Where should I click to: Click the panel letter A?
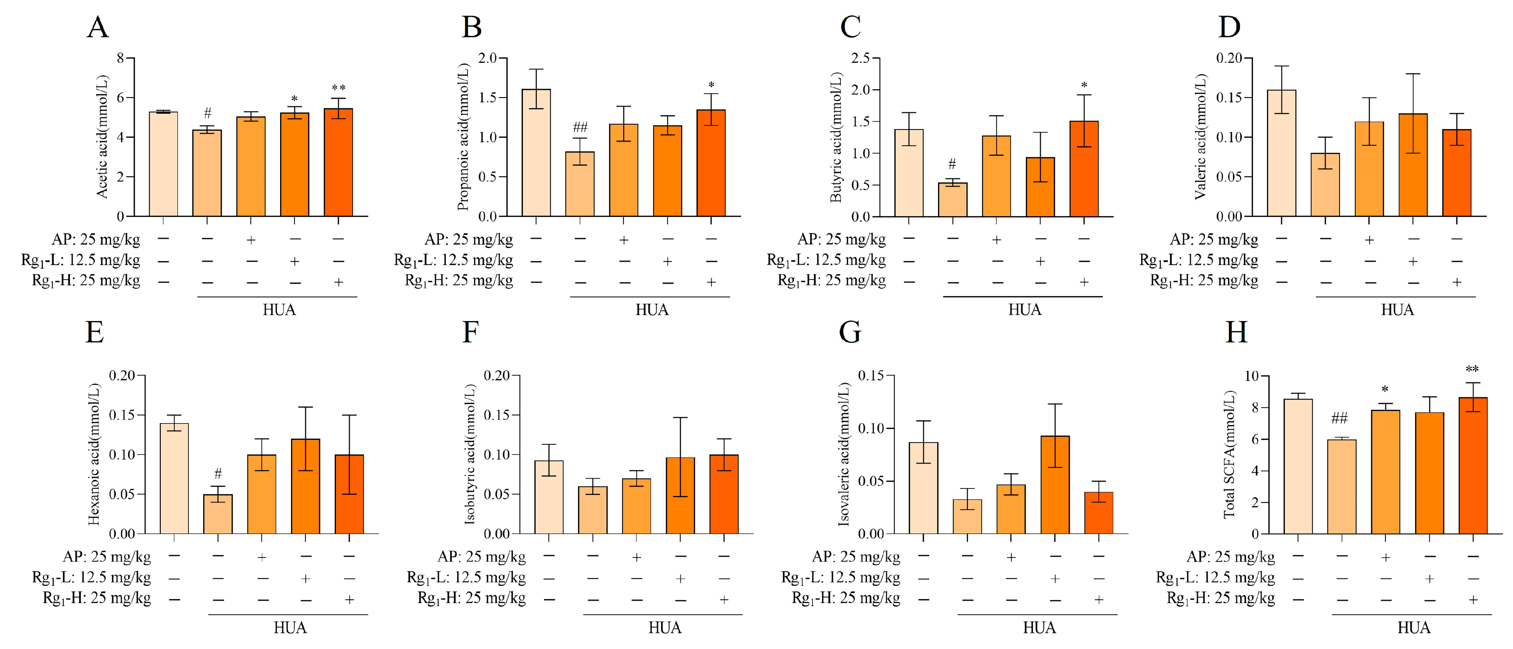pyautogui.click(x=97, y=28)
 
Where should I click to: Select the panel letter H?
pyautogui.click(x=1236, y=332)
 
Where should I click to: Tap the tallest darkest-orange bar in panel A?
pyautogui.click(x=338, y=163)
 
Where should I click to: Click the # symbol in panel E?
pyautogui.click(x=218, y=473)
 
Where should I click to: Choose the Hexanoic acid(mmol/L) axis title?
pyautogui.click(x=94, y=453)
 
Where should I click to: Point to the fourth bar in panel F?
pyautogui.click(x=680, y=495)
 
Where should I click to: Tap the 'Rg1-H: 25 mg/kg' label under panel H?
pyautogui.click(x=1221, y=599)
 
